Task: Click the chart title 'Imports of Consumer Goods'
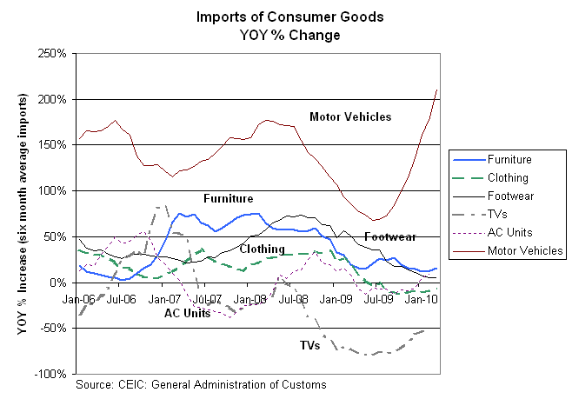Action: [x=268, y=17]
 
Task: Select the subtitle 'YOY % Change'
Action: [x=268, y=35]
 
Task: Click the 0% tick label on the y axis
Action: [x=59, y=283]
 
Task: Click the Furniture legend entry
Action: [x=509, y=159]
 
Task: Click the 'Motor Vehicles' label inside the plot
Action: [x=350, y=116]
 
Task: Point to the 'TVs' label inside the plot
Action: [x=309, y=345]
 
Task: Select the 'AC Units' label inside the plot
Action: [x=187, y=313]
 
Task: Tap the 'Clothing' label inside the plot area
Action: [x=261, y=249]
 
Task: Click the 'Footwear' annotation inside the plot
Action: [x=389, y=236]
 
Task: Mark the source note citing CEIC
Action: [x=201, y=383]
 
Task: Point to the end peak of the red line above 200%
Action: [x=436, y=90]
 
